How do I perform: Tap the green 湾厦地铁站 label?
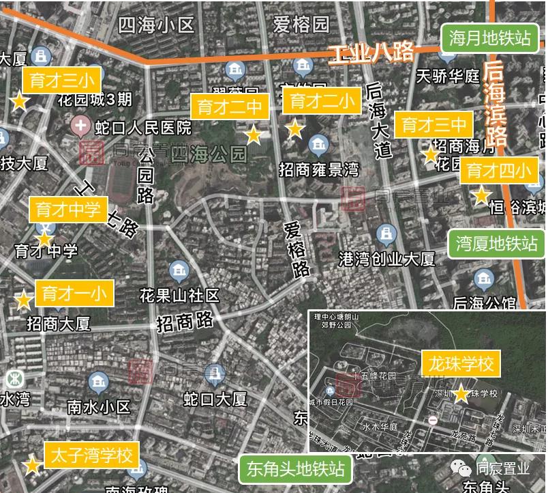pos(497,243)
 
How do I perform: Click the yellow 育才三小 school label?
pos(62,79)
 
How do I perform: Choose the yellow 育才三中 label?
pos(434,125)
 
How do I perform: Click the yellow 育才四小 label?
pos(498,170)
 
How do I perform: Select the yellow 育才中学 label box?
pos(67,210)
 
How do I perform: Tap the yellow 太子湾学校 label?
pos(92,455)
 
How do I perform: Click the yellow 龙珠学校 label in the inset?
pos(461,363)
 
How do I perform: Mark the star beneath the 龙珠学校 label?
pos(461,394)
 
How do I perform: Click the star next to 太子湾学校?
pos(31,466)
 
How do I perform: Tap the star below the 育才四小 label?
pos(481,197)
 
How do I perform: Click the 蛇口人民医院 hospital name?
pos(134,128)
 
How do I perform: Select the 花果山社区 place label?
pos(179,296)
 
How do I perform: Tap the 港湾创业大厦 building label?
pos(387,259)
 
